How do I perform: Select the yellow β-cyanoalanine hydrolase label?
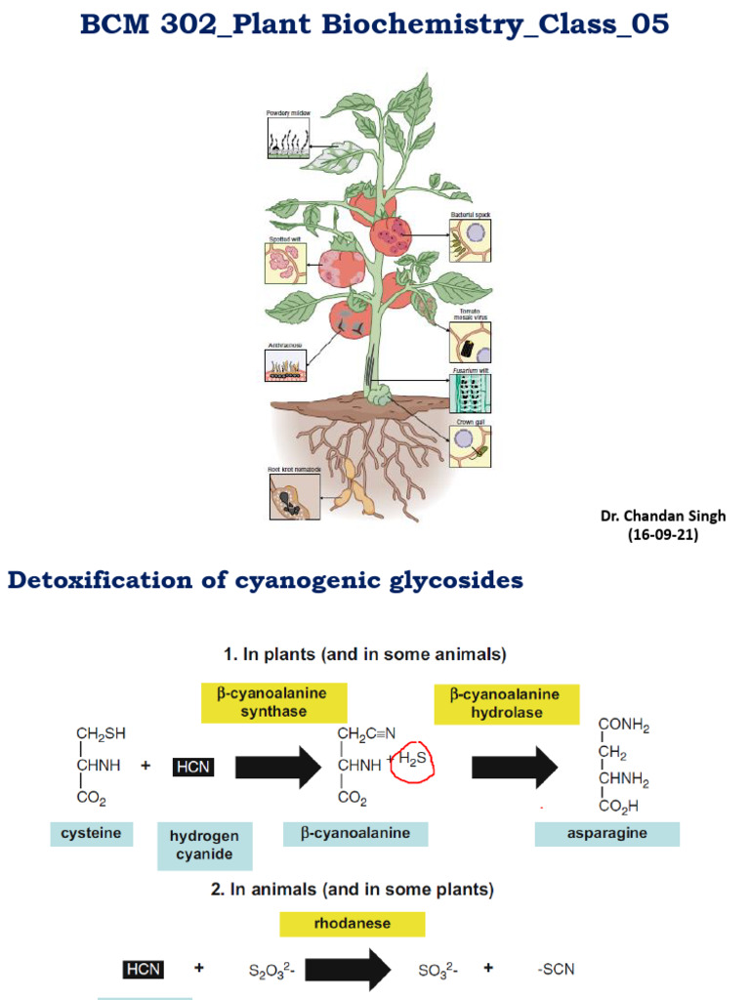(x=506, y=702)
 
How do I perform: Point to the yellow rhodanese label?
(x=352, y=923)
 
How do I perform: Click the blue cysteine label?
(x=92, y=833)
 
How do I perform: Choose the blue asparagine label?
(x=605, y=833)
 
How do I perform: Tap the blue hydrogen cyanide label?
(x=204, y=845)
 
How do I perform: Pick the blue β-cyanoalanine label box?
(x=359, y=833)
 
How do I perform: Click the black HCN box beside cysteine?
(x=192, y=768)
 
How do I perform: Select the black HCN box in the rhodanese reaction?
(x=143, y=969)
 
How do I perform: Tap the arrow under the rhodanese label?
(x=351, y=969)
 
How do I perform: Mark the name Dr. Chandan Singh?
(x=663, y=517)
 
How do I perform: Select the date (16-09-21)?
(x=663, y=535)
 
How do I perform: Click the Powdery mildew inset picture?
(x=288, y=140)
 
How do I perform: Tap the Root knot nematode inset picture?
(x=294, y=498)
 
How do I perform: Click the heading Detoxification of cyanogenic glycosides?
(x=266, y=582)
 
